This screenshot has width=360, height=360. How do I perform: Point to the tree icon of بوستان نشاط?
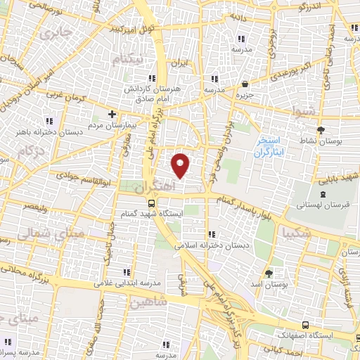tap(321, 130)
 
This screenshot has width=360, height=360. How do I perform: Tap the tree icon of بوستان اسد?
tap(269, 271)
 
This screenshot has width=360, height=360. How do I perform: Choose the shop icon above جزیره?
tap(244, 84)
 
